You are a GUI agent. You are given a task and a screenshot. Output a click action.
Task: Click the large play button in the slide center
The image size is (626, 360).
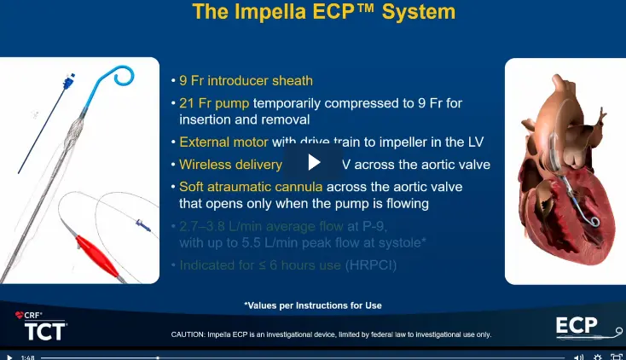click(x=313, y=163)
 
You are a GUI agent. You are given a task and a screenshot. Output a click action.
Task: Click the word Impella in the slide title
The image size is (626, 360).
click(x=266, y=12)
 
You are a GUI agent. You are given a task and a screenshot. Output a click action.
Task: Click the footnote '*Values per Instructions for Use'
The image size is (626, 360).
click(x=312, y=305)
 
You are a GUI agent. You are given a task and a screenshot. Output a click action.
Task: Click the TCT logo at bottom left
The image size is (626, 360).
click(x=40, y=330)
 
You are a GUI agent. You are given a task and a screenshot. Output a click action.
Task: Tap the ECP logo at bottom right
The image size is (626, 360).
click(x=587, y=327)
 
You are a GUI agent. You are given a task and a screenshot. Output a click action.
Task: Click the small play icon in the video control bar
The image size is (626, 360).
click(x=9, y=357)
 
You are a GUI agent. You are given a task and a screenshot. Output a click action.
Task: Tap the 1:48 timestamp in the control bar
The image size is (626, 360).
click(x=27, y=357)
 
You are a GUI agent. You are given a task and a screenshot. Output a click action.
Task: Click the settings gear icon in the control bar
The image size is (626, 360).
click(x=597, y=357)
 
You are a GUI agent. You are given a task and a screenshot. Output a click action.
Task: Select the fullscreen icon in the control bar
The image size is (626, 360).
click(x=615, y=357)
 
